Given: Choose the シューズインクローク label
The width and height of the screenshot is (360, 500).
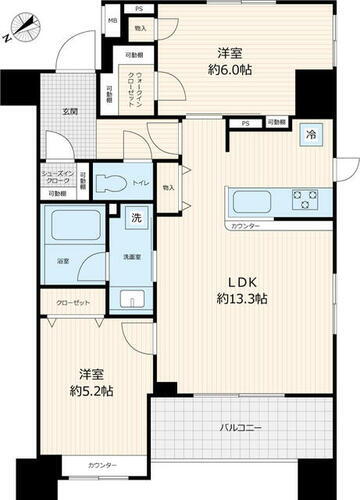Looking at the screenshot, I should (57, 177).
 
